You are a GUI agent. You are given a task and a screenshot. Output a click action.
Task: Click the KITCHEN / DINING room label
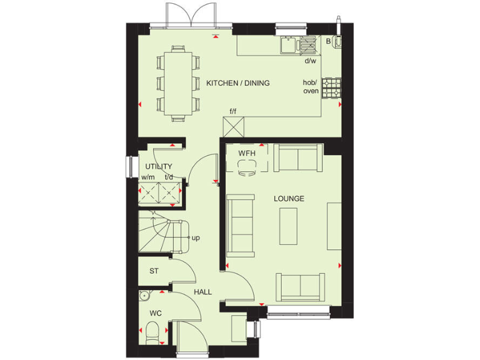tap(237, 83)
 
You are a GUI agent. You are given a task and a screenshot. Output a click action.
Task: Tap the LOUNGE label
tap(289, 199)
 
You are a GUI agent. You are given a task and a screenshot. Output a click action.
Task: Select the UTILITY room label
tap(158, 166)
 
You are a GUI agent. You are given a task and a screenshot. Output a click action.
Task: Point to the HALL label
tap(202, 292)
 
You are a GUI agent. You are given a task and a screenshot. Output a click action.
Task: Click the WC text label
tap(154, 312)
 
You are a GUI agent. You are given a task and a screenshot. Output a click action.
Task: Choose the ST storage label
tap(153, 271)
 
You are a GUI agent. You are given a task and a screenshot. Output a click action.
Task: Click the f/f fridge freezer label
tap(233, 111)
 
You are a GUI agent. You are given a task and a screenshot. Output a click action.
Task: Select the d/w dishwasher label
tap(310, 61)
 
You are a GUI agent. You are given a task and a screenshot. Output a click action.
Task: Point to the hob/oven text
tap(311, 87)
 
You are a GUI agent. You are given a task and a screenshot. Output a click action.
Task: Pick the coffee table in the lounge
tap(289, 226)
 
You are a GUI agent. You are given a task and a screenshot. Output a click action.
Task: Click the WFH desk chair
tap(246, 166)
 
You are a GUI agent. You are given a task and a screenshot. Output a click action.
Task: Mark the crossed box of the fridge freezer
tap(233, 127)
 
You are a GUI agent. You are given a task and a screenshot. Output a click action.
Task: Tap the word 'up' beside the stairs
tap(196, 237)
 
